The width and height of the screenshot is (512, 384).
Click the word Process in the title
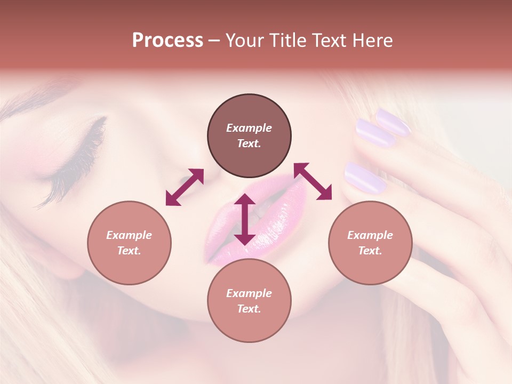point(167,41)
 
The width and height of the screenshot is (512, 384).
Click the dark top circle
point(249,136)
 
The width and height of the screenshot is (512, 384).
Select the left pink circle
point(129,243)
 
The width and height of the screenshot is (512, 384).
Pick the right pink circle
point(370,243)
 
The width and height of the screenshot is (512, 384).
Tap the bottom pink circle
point(249,301)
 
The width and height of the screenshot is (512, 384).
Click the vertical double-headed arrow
point(245,219)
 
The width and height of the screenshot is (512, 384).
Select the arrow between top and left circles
point(185,187)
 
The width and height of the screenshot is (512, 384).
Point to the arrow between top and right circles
point(313,181)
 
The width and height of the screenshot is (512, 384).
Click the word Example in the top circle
point(249,128)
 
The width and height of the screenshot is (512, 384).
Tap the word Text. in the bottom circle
point(249,309)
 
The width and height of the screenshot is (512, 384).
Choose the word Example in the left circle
point(129,235)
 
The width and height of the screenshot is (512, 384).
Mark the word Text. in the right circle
point(370,251)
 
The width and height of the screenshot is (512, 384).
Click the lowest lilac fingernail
point(365,178)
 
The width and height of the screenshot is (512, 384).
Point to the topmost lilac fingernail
point(394,121)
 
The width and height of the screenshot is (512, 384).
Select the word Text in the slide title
point(330,41)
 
